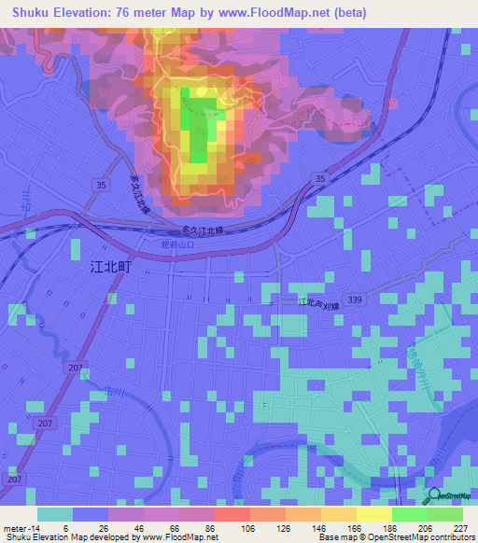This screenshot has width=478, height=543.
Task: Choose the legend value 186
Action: pos(374,528)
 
